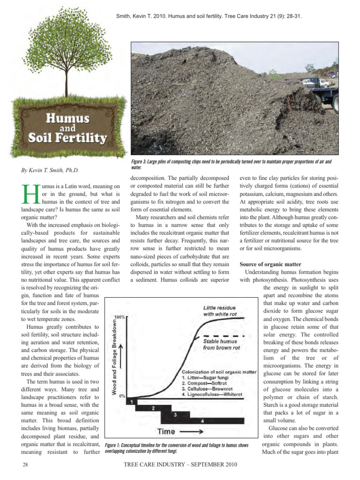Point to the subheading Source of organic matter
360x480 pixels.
[270, 264]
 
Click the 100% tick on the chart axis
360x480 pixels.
[120, 317]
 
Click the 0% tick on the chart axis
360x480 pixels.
[122, 396]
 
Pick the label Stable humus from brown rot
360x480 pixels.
[222, 345]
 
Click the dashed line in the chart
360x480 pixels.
[223, 337]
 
